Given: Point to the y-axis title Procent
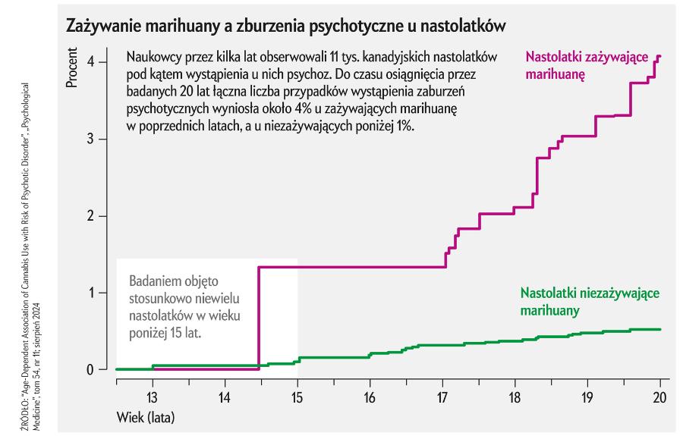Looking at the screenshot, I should pos(72,68).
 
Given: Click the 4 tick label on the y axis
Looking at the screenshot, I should pos(90,61).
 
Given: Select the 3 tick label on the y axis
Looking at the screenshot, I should pos(90,139).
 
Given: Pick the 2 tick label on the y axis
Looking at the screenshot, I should pos(90,216).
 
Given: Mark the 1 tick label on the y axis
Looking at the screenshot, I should pos(90,293).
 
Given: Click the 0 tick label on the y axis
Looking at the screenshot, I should pos(90,370).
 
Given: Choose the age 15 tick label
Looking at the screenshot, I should pos(297,397).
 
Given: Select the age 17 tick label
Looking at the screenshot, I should pos(442,397).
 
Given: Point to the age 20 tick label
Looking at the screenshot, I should pos(659,397).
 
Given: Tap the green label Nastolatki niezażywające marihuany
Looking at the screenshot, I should pos(590,302).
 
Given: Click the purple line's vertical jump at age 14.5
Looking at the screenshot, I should pos(260,318).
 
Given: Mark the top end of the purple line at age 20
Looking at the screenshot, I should pos(659,56).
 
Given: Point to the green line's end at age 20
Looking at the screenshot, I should pos(660,329).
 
